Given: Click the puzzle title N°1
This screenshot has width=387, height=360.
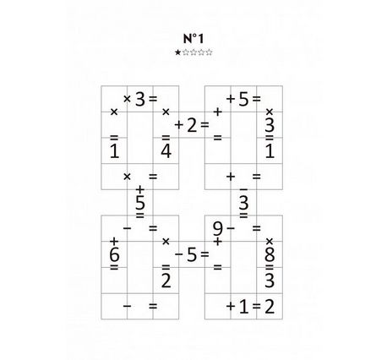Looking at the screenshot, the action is (193, 39).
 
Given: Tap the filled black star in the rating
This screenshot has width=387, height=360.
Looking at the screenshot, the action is (177, 52).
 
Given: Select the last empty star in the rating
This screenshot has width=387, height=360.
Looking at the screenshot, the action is (209, 52).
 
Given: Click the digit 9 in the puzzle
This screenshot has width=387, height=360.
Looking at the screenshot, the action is (218, 229).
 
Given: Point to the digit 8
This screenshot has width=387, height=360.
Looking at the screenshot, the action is (270, 254).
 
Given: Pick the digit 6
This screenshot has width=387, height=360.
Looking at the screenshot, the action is (114, 254).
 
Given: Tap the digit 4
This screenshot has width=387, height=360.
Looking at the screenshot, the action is (166, 150).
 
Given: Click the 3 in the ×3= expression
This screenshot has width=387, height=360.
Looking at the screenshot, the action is (140, 99).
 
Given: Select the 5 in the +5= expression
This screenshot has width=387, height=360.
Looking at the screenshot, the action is (243, 99).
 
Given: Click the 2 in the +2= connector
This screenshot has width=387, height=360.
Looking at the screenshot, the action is (192, 125).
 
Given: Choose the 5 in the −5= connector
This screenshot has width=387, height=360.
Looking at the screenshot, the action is (192, 254).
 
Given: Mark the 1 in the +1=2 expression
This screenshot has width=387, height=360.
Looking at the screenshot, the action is (243, 307).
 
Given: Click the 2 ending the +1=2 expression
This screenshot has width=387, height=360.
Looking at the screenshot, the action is (270, 307).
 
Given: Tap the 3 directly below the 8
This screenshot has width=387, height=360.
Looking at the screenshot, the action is (270, 281).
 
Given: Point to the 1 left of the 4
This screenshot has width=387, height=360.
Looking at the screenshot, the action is (114, 150).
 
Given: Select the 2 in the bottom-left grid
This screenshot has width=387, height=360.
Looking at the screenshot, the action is (166, 281).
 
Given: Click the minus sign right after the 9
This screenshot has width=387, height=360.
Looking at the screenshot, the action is (231, 228).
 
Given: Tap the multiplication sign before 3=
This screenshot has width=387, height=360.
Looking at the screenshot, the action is (127, 99).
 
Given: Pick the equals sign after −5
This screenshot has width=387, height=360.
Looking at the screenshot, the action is (204, 254).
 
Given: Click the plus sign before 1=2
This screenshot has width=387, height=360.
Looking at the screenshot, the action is (231, 306).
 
